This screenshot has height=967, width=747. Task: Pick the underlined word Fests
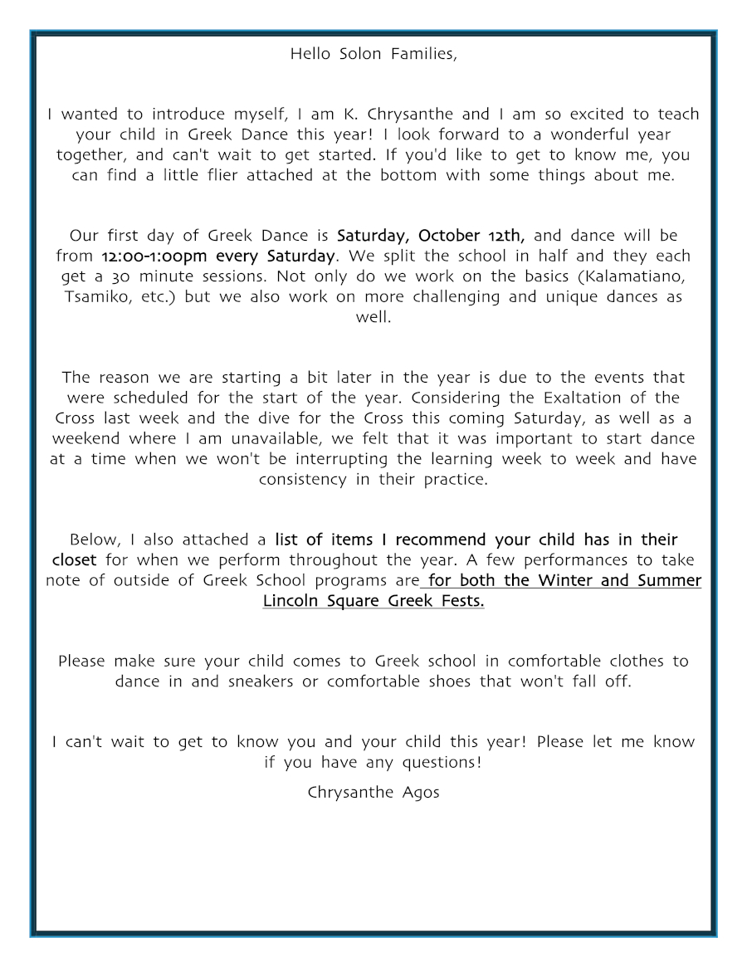(456, 600)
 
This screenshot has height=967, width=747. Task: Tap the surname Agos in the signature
(421, 792)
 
